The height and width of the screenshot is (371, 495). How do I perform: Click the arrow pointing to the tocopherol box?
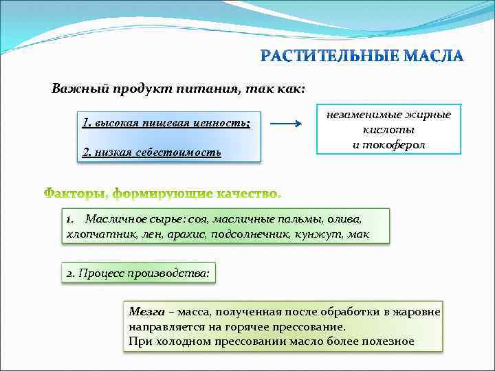[286, 124]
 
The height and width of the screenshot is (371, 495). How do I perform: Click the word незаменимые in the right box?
[364, 115]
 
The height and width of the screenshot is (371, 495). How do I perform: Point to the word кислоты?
[388, 130]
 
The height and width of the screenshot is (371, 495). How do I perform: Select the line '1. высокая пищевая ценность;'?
[166, 123]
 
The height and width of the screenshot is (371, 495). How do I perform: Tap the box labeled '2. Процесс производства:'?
[137, 273]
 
